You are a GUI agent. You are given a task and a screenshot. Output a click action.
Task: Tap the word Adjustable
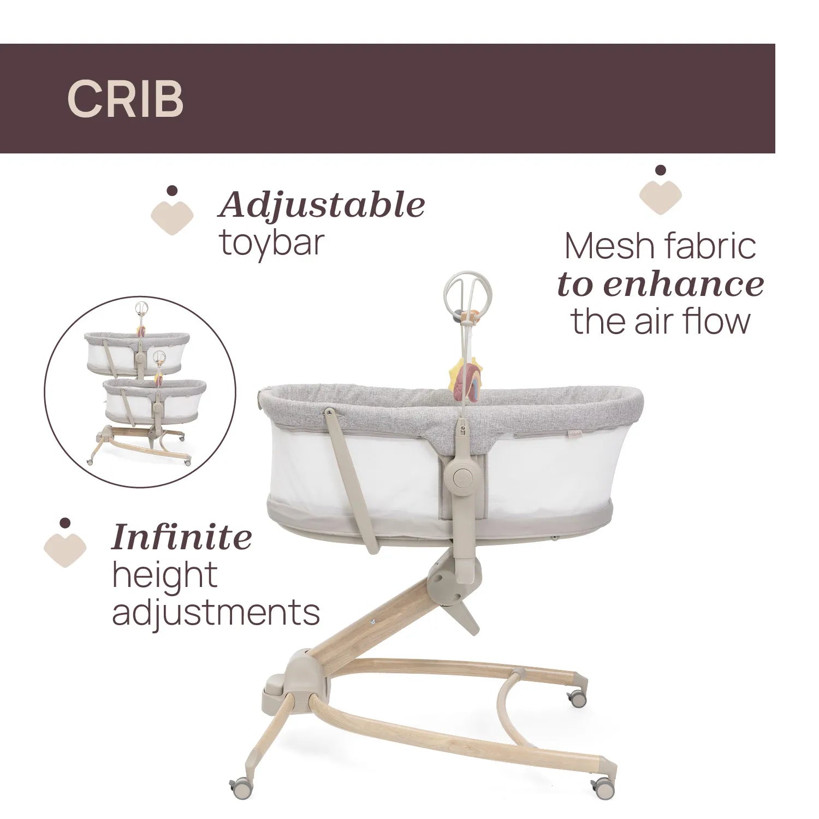click(x=322, y=205)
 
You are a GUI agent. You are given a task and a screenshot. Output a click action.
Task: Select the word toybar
click(x=272, y=242)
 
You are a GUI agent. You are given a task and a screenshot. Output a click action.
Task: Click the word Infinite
click(x=182, y=537)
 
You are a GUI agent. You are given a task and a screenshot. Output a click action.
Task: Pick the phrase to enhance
click(x=660, y=284)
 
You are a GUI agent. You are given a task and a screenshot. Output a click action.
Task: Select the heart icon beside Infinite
click(x=66, y=543)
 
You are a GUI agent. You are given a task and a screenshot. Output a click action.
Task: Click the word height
click(x=164, y=574)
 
